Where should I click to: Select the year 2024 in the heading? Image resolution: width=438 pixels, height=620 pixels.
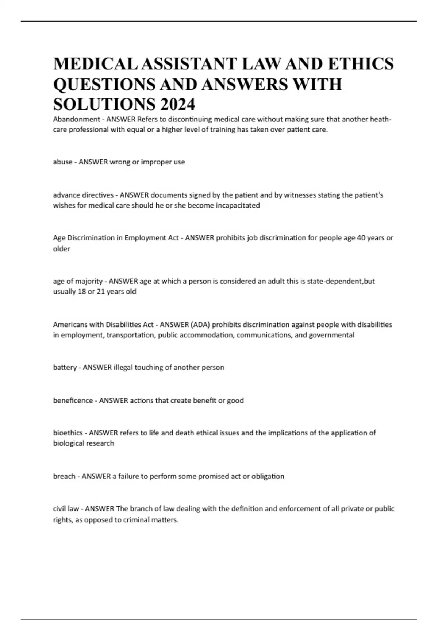(x=177, y=105)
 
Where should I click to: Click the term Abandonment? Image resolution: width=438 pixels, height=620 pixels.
(x=76, y=119)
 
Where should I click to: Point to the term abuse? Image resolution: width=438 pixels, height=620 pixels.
(x=62, y=162)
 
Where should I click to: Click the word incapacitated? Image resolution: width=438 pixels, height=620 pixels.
(x=238, y=205)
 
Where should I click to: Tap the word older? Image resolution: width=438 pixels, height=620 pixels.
(x=61, y=249)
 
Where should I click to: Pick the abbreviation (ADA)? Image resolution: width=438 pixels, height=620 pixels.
(x=200, y=325)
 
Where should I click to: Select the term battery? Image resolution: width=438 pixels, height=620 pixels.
(x=65, y=367)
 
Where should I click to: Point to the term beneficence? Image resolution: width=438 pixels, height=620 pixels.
(x=73, y=400)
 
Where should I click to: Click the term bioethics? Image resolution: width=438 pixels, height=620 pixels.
(x=68, y=433)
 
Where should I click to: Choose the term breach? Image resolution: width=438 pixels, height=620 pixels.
(x=64, y=476)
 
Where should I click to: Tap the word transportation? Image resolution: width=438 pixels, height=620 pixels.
(x=131, y=335)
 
